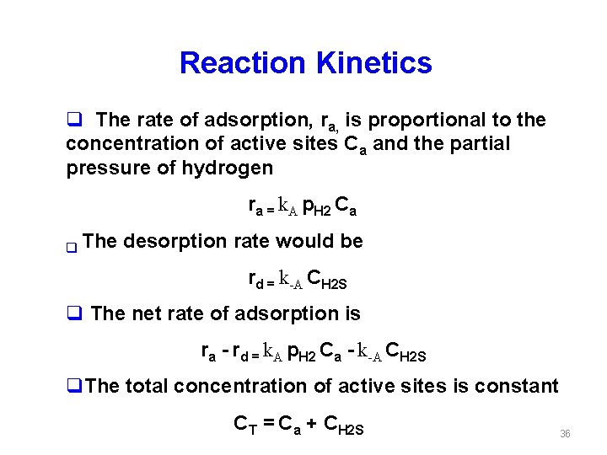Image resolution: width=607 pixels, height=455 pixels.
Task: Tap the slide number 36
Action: coord(565,433)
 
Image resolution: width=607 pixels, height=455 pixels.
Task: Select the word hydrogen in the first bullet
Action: coord(227,169)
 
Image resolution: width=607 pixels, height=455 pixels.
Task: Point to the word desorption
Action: coord(176,242)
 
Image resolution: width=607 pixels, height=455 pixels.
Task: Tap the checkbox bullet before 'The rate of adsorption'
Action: coord(73,120)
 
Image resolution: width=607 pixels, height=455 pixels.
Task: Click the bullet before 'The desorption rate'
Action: coord(72,248)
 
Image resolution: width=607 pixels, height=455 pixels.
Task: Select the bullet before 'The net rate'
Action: coord(73,314)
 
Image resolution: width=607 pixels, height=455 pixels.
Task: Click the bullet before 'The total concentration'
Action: coord(73,387)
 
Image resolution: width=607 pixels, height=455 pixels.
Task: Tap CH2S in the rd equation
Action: coord(327,279)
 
